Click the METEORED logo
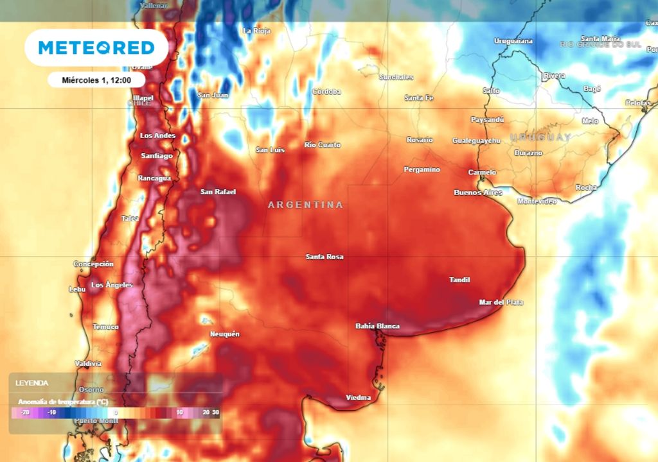[96, 47]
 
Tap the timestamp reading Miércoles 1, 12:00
[96, 80]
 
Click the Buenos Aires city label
[477, 193]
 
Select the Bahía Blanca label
[377, 326]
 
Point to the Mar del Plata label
[501, 302]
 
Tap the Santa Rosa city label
[325, 257]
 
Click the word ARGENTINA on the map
[305, 205]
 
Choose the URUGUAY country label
[540, 137]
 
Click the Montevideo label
[537, 201]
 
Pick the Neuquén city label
[225, 334]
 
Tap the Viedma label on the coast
[359, 398]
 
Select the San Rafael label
[218, 192]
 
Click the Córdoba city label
[326, 92]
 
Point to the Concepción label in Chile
[94, 264]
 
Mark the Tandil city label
[459, 280]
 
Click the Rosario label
[420, 140]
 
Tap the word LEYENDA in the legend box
[32, 383]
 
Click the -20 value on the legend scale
[24, 413]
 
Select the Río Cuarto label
[323, 145]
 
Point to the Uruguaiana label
[513, 41]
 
